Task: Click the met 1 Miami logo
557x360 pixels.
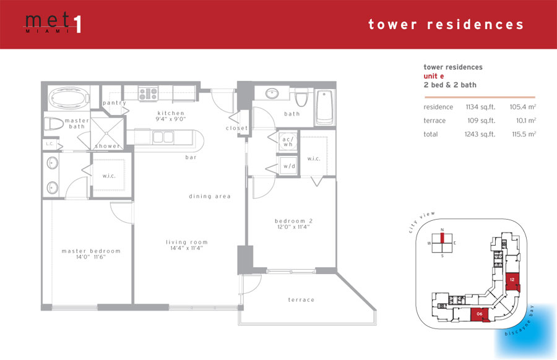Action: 53,23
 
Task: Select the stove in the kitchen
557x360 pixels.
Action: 148,94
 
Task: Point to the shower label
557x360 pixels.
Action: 107,146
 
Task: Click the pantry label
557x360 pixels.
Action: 114,103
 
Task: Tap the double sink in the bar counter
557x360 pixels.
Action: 163,137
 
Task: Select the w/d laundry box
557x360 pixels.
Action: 288,166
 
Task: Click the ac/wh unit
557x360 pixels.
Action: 288,141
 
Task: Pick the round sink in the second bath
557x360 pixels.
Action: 272,94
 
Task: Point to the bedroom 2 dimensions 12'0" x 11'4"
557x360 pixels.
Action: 293,227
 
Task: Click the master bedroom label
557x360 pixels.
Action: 91,251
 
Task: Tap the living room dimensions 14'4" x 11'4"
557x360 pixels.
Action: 186,248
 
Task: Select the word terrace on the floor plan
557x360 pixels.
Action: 301,299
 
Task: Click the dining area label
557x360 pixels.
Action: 210,196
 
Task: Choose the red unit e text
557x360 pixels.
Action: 433,76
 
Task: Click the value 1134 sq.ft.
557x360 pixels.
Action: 480,107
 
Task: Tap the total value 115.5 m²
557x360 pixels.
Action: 524,134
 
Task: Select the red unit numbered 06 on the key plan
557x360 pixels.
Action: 480,315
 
